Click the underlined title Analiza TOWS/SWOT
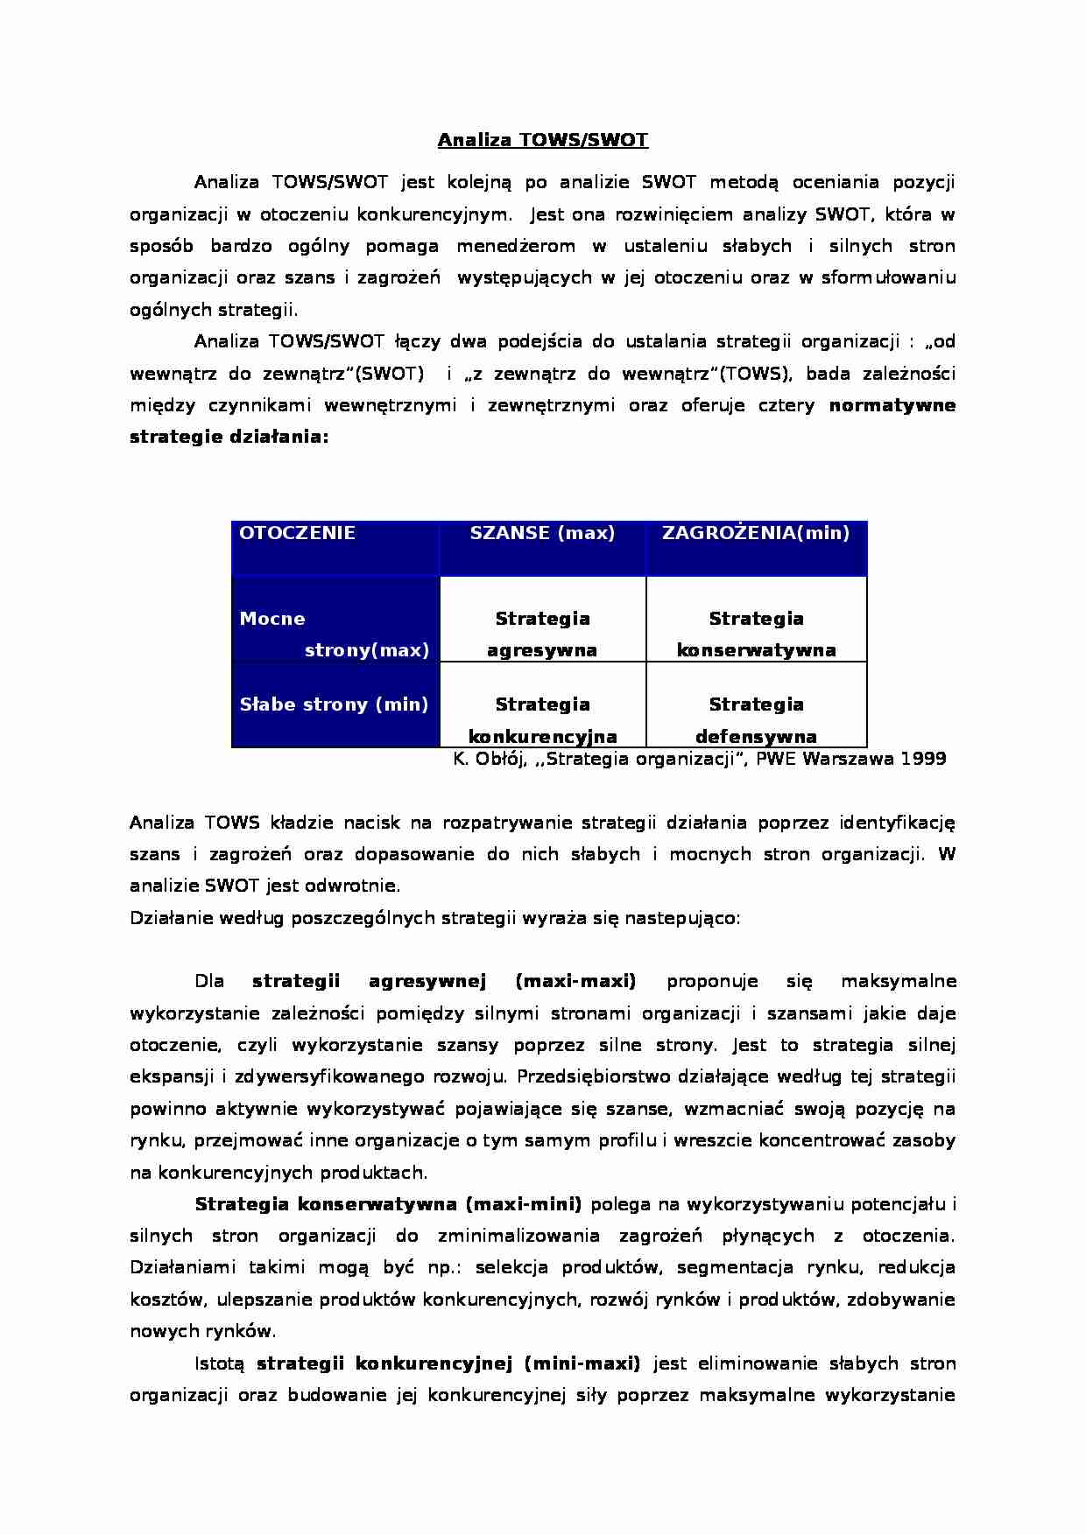(x=542, y=140)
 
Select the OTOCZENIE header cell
(x=297, y=533)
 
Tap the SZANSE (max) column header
(x=542, y=533)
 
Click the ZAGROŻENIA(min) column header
(x=756, y=533)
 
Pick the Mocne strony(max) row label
(x=335, y=634)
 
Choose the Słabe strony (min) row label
(x=334, y=704)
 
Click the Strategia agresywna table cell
(x=542, y=634)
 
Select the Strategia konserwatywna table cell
(x=756, y=634)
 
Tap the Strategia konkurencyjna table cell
(x=542, y=719)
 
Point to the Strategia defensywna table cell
(x=756, y=719)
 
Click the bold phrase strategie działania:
(x=229, y=437)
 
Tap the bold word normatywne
(x=892, y=405)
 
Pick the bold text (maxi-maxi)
(x=575, y=981)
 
